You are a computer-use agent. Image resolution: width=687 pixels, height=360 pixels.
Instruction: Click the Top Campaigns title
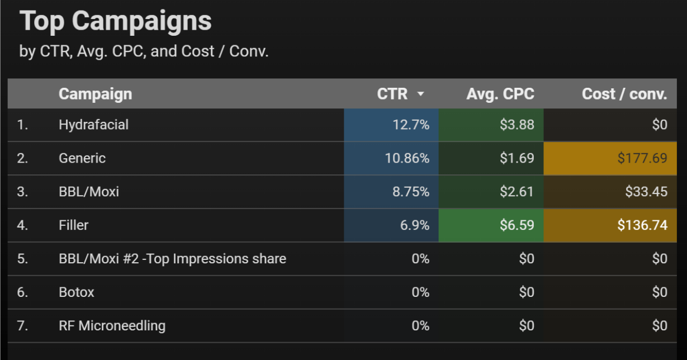point(116,21)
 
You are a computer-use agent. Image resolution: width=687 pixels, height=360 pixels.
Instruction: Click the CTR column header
point(392,94)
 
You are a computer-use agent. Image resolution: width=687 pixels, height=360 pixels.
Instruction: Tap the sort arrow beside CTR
point(421,94)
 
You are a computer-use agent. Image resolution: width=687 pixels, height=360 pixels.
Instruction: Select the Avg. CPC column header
point(500,94)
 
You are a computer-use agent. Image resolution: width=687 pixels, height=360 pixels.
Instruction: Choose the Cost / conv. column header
point(624,94)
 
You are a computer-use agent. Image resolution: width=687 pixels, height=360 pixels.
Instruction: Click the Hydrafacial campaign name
point(93,125)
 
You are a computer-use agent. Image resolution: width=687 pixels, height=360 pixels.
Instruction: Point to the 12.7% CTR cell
point(411,125)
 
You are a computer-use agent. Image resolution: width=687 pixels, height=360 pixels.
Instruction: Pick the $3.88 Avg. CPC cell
point(517,125)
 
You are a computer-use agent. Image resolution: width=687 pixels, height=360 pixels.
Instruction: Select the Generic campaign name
point(82,158)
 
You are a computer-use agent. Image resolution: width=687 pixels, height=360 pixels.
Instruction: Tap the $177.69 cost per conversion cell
point(642,158)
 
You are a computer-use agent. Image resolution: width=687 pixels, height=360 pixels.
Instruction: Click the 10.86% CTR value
point(407,158)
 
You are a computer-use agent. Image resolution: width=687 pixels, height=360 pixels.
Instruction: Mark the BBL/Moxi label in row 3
point(89,192)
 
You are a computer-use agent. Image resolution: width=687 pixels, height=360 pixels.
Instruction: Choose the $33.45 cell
point(646,192)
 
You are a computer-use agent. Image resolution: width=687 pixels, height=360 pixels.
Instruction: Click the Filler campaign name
point(74,225)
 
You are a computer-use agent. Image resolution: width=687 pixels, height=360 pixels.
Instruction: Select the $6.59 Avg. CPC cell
point(517,225)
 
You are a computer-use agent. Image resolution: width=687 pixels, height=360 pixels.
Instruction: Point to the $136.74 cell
point(642,225)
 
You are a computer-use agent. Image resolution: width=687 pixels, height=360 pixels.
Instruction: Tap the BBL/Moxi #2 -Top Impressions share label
point(172,259)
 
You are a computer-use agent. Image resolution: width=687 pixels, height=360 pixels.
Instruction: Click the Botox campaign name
point(77,292)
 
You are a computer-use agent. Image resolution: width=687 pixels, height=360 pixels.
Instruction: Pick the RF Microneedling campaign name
point(112,326)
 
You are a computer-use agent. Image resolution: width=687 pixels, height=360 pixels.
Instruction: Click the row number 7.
point(22,326)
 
